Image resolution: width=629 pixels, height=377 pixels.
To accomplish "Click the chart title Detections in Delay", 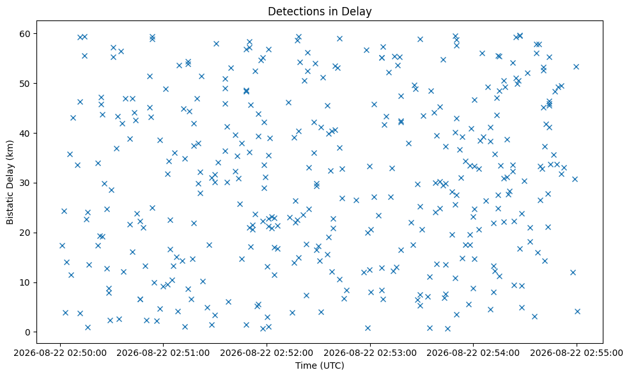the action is click(320, 12).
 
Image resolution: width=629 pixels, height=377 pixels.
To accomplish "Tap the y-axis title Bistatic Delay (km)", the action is click(10, 182).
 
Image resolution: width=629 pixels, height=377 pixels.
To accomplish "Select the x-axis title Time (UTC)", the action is click(320, 365).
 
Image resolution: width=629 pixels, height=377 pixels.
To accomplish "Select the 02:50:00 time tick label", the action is click(61, 353).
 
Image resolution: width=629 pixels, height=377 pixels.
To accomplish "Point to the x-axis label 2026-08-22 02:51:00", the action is click(164, 353).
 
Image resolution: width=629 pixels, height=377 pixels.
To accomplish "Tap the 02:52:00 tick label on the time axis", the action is click(267, 353).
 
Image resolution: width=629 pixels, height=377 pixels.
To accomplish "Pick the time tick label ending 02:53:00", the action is click(370, 353).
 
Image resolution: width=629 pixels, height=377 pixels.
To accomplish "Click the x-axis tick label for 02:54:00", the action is click(474, 353).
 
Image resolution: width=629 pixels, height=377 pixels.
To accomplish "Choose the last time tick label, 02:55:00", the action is click(577, 353).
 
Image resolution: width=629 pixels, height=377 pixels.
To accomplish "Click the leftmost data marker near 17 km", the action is click(62, 246).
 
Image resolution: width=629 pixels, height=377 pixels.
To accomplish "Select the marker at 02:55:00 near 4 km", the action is click(578, 312).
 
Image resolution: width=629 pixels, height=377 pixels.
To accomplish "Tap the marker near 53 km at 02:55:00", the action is click(576, 66).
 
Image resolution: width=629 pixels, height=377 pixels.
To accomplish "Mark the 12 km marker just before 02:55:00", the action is click(573, 273).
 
